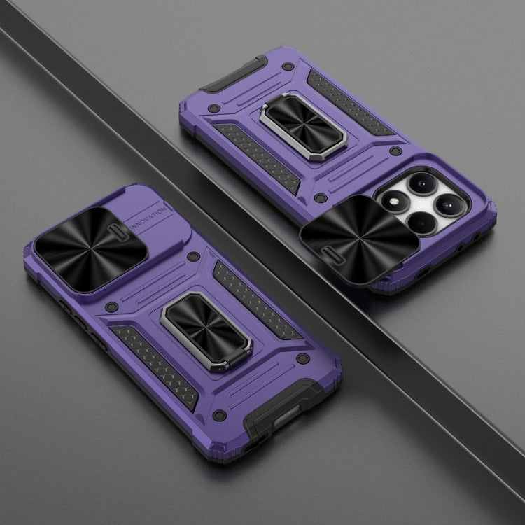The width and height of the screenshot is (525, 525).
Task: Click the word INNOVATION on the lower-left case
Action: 148,218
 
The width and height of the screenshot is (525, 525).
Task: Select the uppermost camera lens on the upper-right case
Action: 423,183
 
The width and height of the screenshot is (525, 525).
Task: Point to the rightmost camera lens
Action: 449,204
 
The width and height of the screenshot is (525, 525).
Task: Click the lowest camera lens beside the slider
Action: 423,223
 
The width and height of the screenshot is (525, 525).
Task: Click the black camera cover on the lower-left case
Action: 91,249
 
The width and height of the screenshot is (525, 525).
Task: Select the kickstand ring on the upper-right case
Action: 303,127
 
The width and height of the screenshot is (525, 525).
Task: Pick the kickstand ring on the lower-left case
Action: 207,332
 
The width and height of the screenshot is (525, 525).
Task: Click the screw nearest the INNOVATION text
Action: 193,256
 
